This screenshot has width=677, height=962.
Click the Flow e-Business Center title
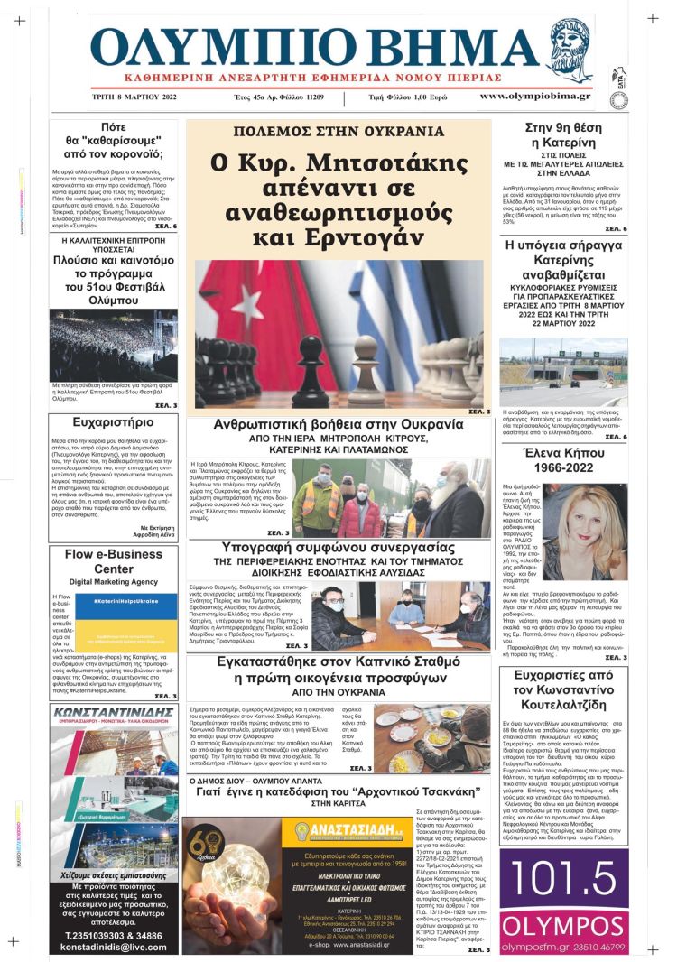tap(114, 562)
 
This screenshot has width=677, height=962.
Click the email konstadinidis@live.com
tap(114, 948)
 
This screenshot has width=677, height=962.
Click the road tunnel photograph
tap(563, 372)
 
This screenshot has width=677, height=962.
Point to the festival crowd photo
tap(114, 344)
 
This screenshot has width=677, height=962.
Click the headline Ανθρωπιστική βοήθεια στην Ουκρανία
tap(338, 423)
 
